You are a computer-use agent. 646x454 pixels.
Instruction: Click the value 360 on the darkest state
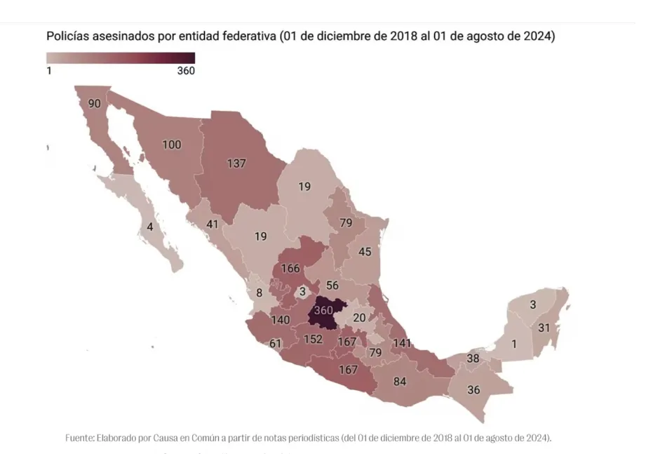click(323, 310)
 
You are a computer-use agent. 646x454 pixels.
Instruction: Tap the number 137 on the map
click(236, 163)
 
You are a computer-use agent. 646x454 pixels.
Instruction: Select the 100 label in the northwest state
click(171, 145)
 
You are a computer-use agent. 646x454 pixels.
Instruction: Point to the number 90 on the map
click(95, 104)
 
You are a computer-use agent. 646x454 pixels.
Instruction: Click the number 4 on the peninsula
click(149, 227)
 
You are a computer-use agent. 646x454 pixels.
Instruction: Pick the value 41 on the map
click(213, 225)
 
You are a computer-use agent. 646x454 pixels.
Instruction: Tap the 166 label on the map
click(290, 269)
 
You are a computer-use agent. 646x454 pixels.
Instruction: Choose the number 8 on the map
click(259, 293)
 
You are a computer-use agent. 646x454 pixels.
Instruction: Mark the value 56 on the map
click(332, 285)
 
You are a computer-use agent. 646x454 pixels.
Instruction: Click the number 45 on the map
click(365, 252)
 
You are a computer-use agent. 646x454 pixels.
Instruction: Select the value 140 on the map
click(281, 319)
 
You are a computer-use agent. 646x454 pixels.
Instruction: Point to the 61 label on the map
click(275, 343)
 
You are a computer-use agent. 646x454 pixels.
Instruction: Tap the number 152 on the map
click(313, 340)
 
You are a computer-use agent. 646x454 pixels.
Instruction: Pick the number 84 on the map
click(400, 382)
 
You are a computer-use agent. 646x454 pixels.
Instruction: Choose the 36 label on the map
click(473, 390)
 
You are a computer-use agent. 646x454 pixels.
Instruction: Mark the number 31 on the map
click(544, 328)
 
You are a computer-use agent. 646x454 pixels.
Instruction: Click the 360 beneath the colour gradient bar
click(186, 70)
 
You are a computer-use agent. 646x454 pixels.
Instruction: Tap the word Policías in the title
click(68, 35)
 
